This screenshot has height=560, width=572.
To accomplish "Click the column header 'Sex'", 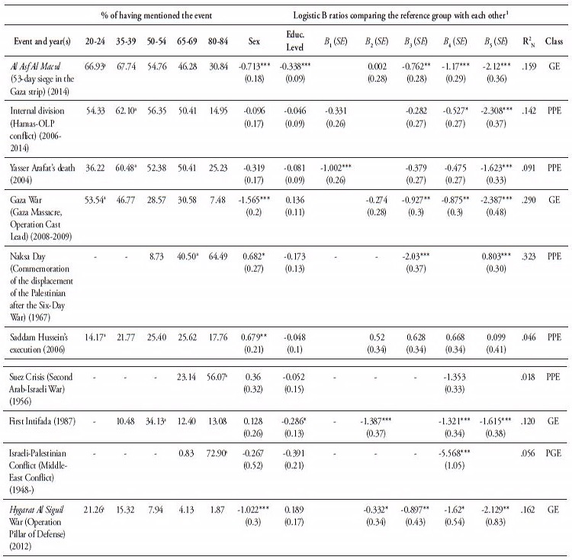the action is (x=254, y=41).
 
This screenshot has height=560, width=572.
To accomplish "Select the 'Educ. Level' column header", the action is (x=294, y=40).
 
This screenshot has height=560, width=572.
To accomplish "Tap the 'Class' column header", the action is (x=554, y=41).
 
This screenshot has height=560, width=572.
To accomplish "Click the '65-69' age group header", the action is (x=187, y=41).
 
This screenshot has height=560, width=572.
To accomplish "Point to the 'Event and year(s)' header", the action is (x=42, y=41).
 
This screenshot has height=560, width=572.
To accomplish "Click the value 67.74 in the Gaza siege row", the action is (x=126, y=66).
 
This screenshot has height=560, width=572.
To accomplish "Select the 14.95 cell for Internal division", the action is (x=218, y=111).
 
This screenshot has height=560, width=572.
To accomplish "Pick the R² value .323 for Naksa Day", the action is (x=529, y=256).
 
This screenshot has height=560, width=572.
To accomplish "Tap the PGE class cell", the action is (x=553, y=453).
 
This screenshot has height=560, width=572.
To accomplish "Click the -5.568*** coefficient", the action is (x=455, y=453).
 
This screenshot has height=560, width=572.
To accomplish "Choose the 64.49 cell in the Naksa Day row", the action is (x=218, y=256).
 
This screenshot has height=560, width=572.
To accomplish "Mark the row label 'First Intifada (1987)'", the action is (x=42, y=421).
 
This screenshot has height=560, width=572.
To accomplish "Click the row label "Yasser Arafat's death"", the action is (x=42, y=168).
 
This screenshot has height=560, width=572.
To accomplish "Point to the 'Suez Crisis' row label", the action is (x=28, y=376).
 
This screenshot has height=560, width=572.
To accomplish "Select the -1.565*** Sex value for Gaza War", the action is (x=254, y=200).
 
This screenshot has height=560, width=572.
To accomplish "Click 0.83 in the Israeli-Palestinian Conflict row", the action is (x=186, y=453).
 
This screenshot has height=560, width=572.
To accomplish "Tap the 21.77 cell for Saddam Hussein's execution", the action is (x=126, y=337).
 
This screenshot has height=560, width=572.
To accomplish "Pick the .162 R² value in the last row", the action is (x=528, y=510).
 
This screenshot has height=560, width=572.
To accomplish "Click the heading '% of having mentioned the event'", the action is (x=156, y=15).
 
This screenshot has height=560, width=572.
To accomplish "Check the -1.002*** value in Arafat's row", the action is (x=336, y=168).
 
